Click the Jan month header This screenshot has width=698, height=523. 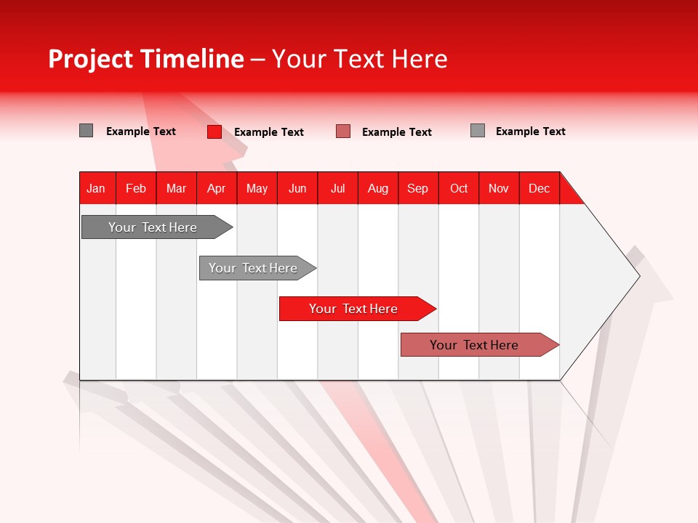click(96, 188)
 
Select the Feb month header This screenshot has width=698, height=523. click(136, 188)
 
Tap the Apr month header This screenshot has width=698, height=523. click(216, 188)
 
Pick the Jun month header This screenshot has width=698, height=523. click(297, 188)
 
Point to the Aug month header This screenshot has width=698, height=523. click(378, 188)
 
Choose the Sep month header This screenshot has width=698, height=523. click(418, 188)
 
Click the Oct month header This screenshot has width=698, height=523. click(459, 188)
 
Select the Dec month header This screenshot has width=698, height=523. click(539, 188)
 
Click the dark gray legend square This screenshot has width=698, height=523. click(87, 131)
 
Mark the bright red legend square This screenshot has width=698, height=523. click(214, 131)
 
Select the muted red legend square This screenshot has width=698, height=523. click(343, 131)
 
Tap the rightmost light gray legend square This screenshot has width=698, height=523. click(478, 131)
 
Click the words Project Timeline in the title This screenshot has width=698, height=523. click(146, 59)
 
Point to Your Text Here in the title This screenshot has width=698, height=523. click(359, 59)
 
